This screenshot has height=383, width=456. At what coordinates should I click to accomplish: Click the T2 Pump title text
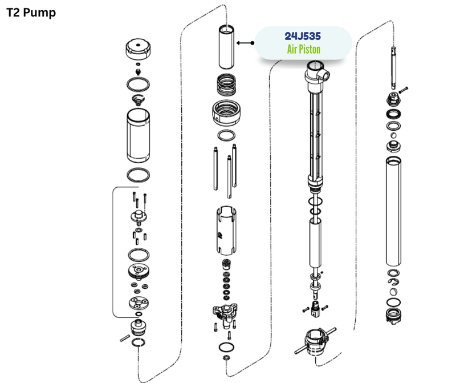pyautogui.click(x=31, y=13)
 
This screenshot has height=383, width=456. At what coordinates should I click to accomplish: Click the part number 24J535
pyautogui.click(x=303, y=36)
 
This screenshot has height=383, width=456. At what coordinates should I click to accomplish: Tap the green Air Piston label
pyautogui.click(x=304, y=49)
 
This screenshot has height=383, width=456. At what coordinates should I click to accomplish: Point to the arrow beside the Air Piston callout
pyautogui.click(x=246, y=43)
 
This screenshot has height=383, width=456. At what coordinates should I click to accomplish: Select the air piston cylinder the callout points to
pyautogui.click(x=226, y=47)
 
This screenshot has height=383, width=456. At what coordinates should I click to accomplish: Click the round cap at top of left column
pyautogui.click(x=138, y=49)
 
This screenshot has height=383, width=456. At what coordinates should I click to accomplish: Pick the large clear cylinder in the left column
pyautogui.click(x=138, y=135)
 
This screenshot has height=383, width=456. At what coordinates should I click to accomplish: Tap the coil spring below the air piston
pyautogui.click(x=226, y=84)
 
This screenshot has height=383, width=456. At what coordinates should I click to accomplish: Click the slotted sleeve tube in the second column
pyautogui.click(x=226, y=231)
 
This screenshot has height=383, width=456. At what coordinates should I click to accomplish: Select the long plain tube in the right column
pyautogui.click(x=393, y=211)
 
